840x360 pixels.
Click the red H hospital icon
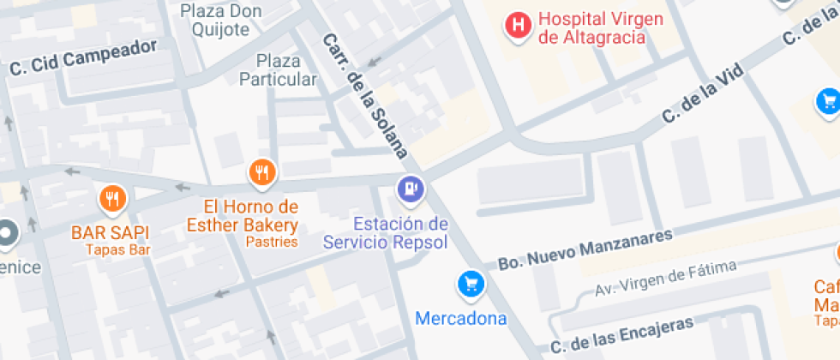click(x=518, y=24)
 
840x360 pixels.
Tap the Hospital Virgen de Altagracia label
click(x=589, y=28)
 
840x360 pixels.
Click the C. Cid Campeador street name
click(x=83, y=58)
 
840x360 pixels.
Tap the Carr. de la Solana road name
click(x=364, y=96)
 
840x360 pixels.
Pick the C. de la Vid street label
click(x=702, y=96)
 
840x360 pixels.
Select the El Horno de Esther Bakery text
click(x=243, y=216)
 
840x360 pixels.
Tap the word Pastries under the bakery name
click(x=272, y=242)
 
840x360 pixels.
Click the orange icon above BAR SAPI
click(x=112, y=200)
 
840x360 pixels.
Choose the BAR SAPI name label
click(x=111, y=232)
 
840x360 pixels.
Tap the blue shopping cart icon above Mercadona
click(x=470, y=284)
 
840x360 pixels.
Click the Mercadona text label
click(x=461, y=319)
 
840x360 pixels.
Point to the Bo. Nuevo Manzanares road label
click(x=585, y=249)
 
